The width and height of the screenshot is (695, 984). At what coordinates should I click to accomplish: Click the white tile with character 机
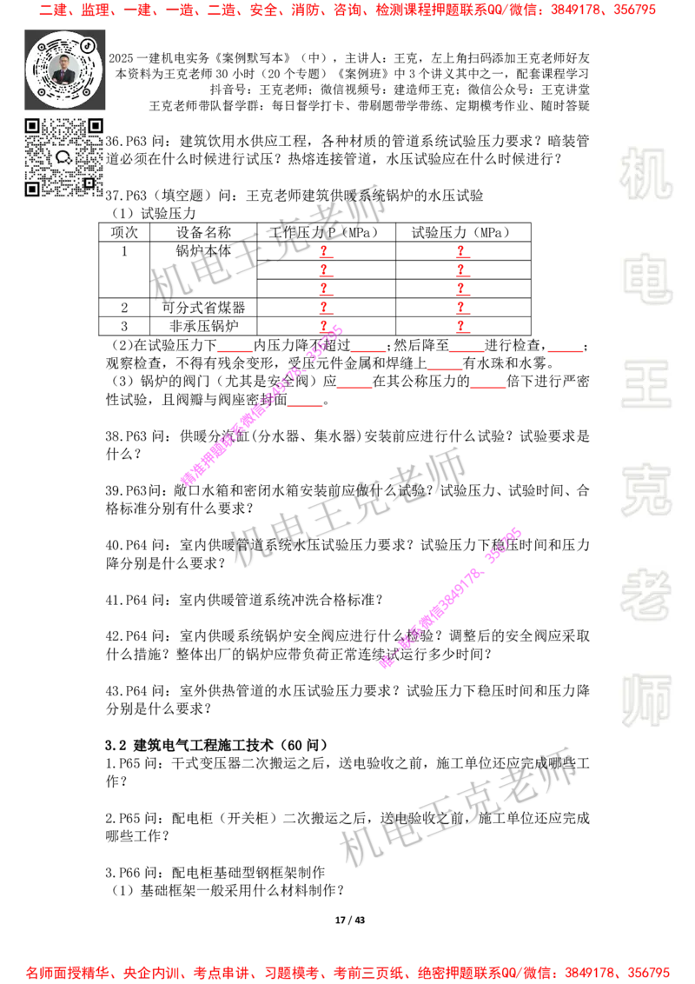[x=645, y=174]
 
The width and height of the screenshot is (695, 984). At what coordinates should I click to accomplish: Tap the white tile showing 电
[x=649, y=278]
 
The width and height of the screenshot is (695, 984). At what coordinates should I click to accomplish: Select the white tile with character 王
[x=645, y=386]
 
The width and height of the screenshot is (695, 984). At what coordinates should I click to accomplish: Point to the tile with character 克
[x=645, y=490]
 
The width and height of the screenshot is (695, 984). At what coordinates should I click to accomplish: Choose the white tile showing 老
[x=645, y=595]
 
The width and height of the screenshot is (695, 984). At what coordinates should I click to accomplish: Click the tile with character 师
[x=645, y=702]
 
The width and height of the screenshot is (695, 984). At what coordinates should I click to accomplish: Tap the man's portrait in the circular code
[x=64, y=70]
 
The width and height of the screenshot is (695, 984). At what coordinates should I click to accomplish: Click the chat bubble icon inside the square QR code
[x=63, y=157]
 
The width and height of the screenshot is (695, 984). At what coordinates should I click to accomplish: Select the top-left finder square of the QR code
[x=32, y=126]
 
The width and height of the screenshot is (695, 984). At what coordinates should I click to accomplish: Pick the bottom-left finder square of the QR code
[x=32, y=189]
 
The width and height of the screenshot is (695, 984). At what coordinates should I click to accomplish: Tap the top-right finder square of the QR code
[x=95, y=126]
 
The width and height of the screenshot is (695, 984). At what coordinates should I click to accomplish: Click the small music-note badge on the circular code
[x=87, y=45]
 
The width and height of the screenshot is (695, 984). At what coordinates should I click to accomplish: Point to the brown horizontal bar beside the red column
[x=361, y=309]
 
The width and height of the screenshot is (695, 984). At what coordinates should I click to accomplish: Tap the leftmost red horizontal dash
[x=235, y=351]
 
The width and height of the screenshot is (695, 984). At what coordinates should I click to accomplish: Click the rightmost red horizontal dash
[x=565, y=351]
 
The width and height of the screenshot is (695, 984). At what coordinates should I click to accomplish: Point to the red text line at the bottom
[x=347, y=972]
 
